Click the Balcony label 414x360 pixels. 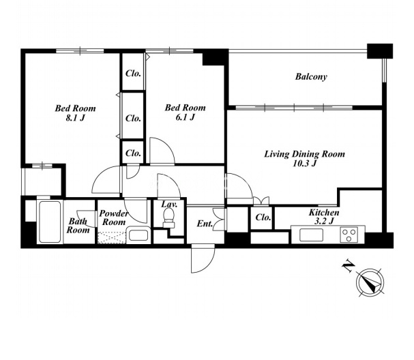pos(311,76)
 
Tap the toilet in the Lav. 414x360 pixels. pos(168,217)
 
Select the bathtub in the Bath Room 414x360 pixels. pos(50,222)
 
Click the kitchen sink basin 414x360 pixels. pos(311,235)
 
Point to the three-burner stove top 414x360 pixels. pos(349,235)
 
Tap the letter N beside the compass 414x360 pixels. pos(349,266)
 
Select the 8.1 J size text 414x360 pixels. pos(75,118)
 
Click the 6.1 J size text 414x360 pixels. pos(185,117)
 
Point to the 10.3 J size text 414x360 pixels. pos(304,164)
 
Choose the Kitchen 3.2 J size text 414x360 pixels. pos(324,221)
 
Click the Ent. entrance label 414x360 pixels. pos(205,224)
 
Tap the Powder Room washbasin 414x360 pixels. pos(138,235)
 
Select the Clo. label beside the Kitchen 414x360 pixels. pos(263,217)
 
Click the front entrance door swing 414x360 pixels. pos(203,258)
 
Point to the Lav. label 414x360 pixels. pos(169,205)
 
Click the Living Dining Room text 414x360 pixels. pos(304,154)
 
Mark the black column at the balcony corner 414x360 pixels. pos(380,51)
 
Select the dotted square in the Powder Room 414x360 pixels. pos(112,237)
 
